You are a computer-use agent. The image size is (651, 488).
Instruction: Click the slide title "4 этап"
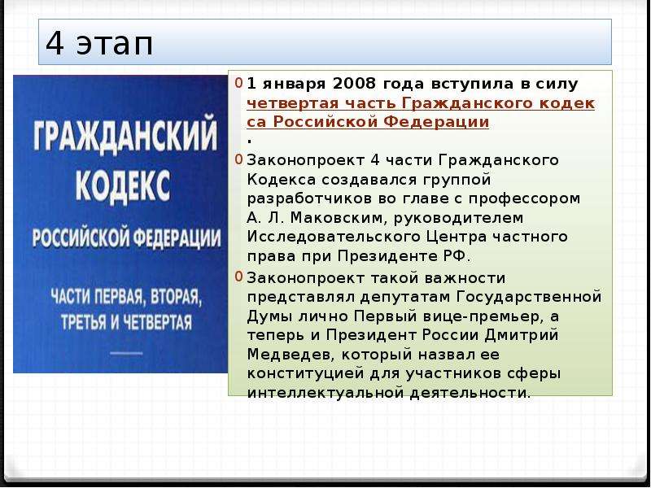[x=99, y=43]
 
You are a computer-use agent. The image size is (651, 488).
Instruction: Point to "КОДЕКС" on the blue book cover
[x=123, y=186]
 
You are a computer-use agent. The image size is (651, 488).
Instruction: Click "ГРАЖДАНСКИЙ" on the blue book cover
[x=125, y=133]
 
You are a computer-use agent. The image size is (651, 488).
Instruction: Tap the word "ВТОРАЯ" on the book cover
[x=176, y=297]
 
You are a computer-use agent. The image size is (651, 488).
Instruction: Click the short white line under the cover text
[x=127, y=354]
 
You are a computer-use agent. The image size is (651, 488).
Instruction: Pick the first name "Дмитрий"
[x=522, y=335]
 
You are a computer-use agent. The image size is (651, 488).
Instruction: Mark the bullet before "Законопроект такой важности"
[x=238, y=277]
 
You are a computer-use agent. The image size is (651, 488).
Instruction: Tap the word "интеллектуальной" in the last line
[x=325, y=393]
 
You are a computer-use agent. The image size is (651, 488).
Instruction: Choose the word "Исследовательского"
[x=334, y=237]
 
